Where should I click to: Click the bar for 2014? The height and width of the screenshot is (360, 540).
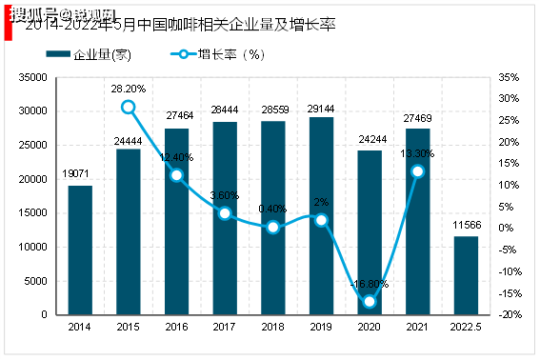[80, 250]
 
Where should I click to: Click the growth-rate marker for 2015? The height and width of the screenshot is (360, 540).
[129, 107]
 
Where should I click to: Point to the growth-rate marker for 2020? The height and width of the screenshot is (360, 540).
[370, 301]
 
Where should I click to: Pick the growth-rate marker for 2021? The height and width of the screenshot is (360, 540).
[417, 171]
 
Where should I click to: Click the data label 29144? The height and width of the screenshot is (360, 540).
[322, 110]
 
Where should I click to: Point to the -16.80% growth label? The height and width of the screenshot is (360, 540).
[369, 283]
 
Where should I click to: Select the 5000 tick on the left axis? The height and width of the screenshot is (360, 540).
[36, 281]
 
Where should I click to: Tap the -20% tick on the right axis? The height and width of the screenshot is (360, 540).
[510, 315]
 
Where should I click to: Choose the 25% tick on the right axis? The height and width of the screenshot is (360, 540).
[509, 121]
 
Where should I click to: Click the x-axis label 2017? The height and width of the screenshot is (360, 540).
[225, 327]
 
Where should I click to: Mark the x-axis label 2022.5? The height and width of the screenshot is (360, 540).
[466, 327]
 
